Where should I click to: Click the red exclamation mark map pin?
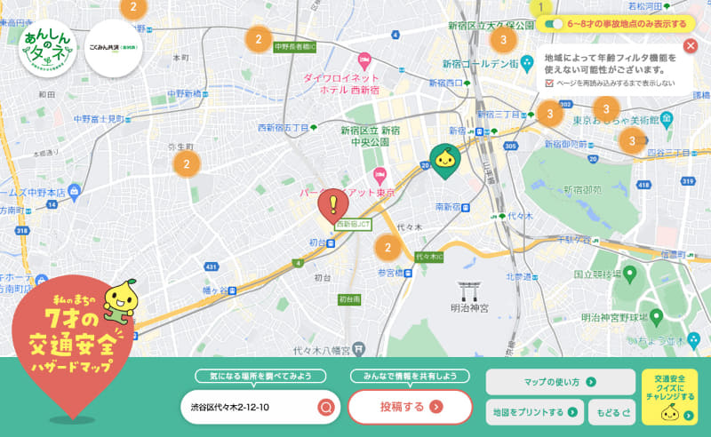[x=333, y=205]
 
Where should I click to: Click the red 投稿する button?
[x=410, y=407]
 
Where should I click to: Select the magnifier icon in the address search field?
[x=326, y=408]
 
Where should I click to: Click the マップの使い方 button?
[x=560, y=382]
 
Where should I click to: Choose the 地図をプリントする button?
[x=535, y=412]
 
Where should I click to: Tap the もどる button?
[x=613, y=412]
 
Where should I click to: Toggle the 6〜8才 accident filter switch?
[x=554, y=24]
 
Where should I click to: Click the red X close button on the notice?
[x=691, y=46]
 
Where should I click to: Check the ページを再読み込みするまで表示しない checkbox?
[x=549, y=83]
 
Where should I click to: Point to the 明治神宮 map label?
[x=471, y=309]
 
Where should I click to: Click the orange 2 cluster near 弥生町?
[x=187, y=163]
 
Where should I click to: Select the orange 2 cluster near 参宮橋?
[x=387, y=248]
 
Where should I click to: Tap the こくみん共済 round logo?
[x=118, y=49]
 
